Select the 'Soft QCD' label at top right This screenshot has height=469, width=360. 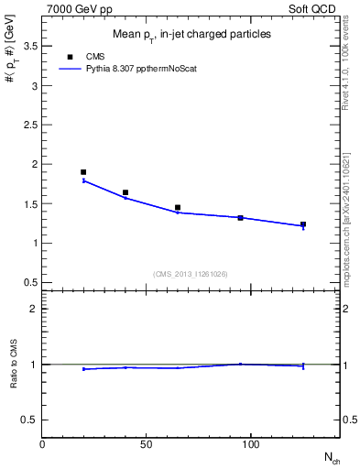314,9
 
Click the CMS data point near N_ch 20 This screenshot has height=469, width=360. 83,172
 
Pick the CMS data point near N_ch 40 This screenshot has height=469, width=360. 125,192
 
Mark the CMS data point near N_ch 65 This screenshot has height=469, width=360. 178,208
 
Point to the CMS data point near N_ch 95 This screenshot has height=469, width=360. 240,218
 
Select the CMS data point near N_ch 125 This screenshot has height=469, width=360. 303,224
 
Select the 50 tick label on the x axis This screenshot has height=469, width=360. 147,443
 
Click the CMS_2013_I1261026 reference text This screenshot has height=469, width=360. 191,274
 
